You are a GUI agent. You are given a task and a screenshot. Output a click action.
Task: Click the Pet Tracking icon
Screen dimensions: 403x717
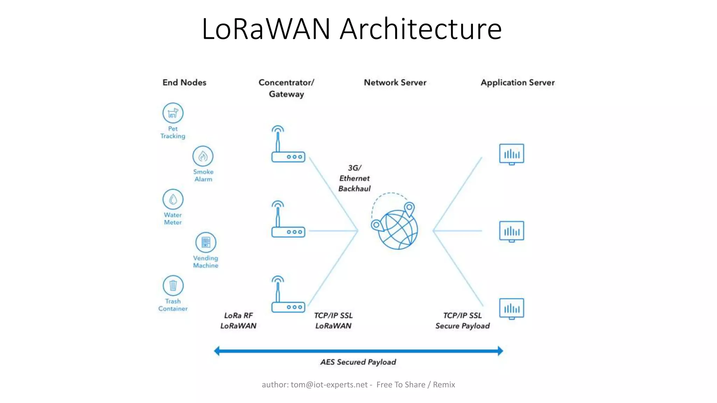(173, 113)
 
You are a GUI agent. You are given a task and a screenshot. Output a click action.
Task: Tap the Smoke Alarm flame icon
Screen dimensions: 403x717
(203, 156)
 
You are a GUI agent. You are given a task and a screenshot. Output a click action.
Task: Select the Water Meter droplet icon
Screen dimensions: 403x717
(173, 199)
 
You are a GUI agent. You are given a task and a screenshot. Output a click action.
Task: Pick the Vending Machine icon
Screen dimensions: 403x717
(206, 242)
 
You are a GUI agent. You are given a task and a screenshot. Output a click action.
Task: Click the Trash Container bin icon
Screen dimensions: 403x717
(173, 285)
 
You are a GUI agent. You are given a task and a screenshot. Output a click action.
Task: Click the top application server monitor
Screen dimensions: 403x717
(511, 154)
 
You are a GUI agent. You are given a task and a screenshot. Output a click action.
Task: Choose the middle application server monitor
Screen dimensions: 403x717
(511, 231)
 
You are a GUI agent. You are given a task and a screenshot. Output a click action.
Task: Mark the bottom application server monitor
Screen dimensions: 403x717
(511, 309)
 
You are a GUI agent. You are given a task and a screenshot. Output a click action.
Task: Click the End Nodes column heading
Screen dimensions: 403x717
(184, 83)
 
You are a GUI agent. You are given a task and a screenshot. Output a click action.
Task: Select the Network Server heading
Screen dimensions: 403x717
(395, 83)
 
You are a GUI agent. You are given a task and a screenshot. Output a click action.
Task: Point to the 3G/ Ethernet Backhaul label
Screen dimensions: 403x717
(354, 178)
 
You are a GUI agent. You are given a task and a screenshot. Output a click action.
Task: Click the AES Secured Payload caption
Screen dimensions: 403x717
(358, 362)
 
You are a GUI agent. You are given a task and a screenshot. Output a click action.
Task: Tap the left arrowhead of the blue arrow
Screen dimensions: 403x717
(217, 351)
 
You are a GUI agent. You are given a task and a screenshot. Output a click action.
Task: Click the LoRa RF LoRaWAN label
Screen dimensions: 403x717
(238, 321)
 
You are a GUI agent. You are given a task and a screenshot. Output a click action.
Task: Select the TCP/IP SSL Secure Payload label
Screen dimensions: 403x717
(462, 321)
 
